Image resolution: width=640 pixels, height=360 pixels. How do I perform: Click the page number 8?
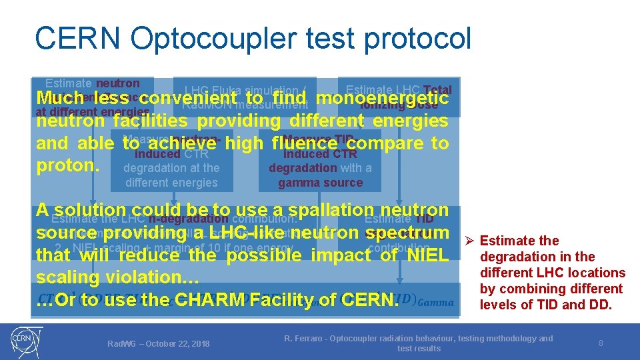[x=601, y=343]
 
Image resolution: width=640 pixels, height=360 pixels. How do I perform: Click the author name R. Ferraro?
[x=306, y=339]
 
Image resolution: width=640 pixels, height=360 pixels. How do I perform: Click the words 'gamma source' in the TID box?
[x=321, y=183]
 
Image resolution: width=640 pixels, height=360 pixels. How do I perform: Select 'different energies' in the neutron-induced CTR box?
[x=171, y=183]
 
